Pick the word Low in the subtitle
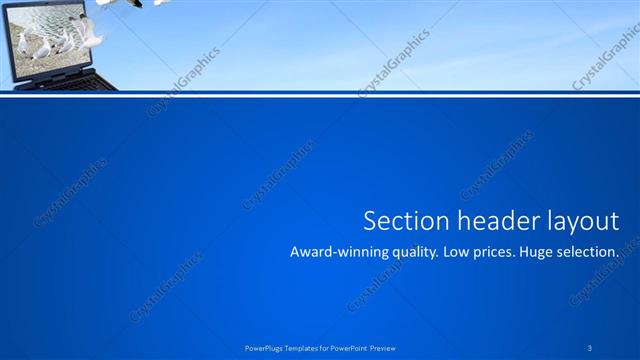pos(461,253)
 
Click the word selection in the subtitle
pos(593,253)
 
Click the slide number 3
pos(590,347)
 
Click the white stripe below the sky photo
pos(320,97)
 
